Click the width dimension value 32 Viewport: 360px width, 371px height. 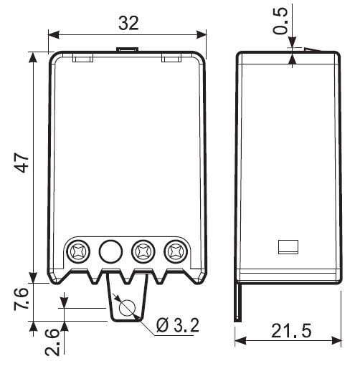click(x=128, y=23)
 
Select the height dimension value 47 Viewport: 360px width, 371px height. click(x=22, y=163)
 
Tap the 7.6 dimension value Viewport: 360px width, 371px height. click(x=21, y=299)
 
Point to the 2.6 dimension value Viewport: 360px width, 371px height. click(x=52, y=342)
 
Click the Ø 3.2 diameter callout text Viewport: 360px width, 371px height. click(x=177, y=325)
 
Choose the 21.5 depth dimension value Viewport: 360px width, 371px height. click(x=291, y=331)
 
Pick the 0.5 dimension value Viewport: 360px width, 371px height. click(x=280, y=21)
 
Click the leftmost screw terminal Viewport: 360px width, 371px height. click(x=78, y=251)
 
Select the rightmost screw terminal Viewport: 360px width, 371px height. click(x=176, y=251)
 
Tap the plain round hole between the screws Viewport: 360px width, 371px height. click(x=110, y=251)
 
